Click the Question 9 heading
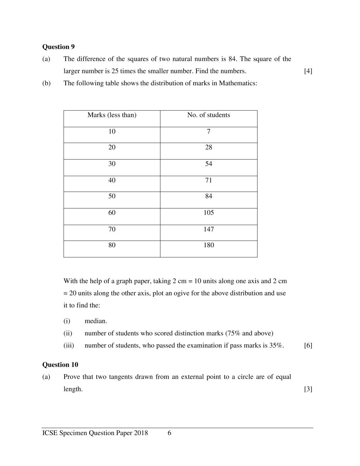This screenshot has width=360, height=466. coord(58,47)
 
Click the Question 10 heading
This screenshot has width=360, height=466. coord(60,365)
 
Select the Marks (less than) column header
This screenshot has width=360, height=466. coord(112,115)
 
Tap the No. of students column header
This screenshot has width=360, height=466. coord(208,115)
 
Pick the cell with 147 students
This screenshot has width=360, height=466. coord(208,229)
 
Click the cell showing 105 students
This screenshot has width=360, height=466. coord(208,213)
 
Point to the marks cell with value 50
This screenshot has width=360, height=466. coord(112,196)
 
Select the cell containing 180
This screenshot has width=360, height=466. coord(208,245)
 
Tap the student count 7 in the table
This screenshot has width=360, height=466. coord(208,132)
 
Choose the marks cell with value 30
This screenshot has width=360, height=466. coord(112,164)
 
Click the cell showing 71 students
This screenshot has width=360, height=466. coord(208,181)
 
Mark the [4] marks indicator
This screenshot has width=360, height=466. coord(308,71)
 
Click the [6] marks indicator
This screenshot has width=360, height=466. coord(308,346)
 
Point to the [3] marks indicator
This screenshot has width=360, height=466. coord(308,389)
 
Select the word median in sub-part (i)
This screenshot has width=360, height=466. coord(96,321)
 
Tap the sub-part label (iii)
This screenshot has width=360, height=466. coord(69,346)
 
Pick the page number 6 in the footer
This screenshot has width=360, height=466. coord(169,433)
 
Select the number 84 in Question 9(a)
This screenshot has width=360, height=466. coord(232,59)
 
